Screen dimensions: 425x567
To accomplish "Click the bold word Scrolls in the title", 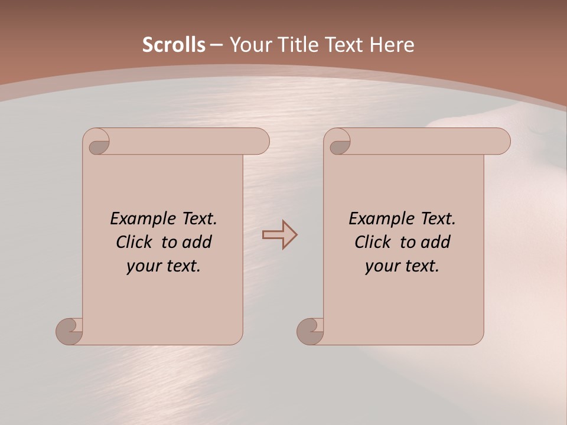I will (x=174, y=45).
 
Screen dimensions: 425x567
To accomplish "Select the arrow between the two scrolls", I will (x=279, y=235).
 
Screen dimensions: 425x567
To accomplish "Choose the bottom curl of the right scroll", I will (x=311, y=331).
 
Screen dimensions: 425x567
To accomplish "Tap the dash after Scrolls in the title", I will (x=217, y=45).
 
